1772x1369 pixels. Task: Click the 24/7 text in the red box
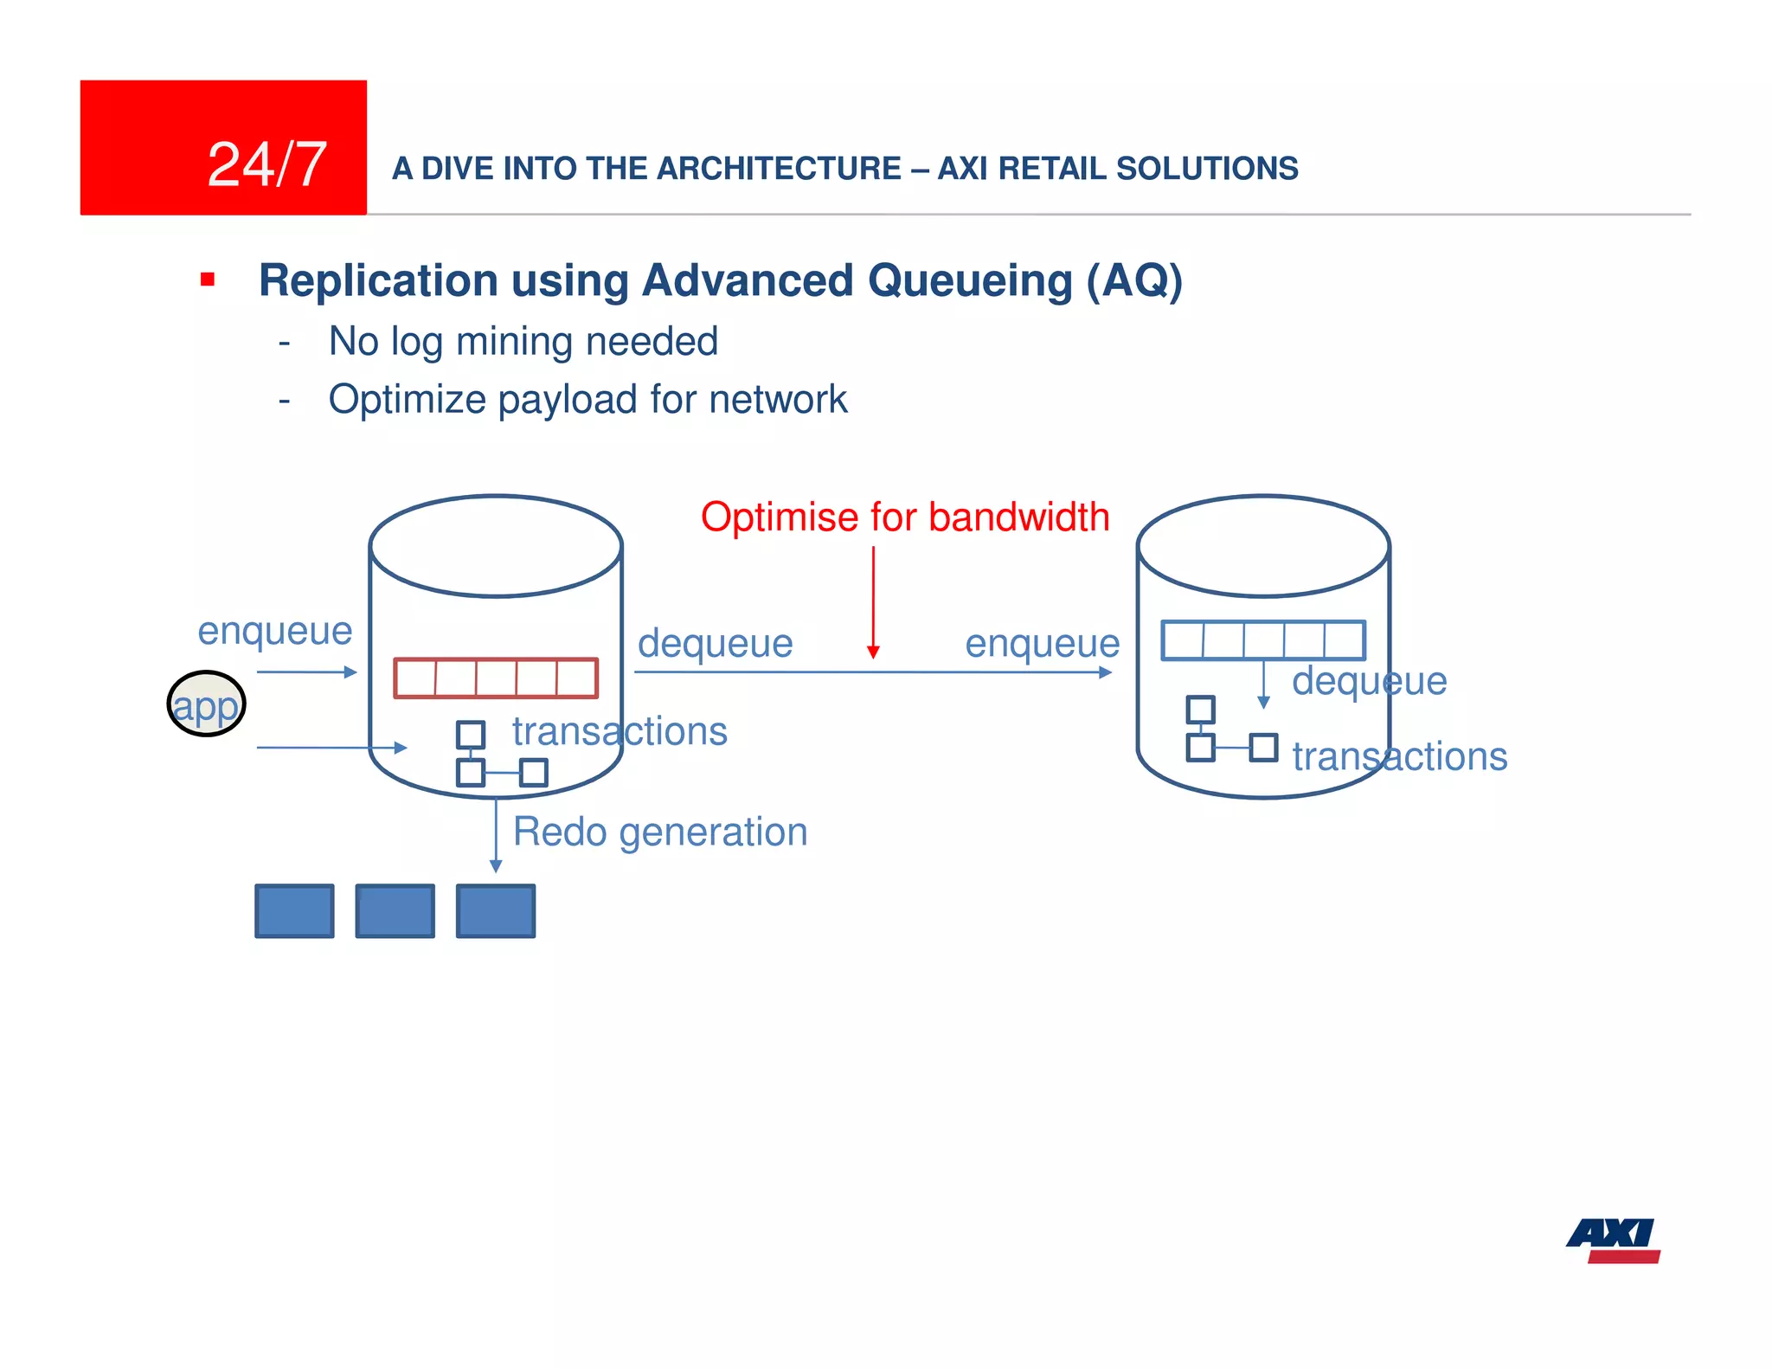[266, 164]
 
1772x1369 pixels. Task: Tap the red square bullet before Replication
[208, 280]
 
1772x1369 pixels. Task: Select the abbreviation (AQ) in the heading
[1133, 281]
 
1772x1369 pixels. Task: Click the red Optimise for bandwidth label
[904, 517]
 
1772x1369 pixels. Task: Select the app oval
[206, 704]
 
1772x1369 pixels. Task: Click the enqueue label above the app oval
[274, 631]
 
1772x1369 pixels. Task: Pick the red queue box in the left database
[496, 678]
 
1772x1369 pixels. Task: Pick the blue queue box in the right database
[1262, 640]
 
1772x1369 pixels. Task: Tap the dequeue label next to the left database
[715, 644]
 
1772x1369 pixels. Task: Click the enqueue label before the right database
[1042, 644]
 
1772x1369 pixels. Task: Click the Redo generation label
[659, 832]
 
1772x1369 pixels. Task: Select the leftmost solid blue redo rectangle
[294, 910]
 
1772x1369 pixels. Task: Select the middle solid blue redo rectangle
[395, 910]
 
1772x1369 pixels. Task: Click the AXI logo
[1614, 1240]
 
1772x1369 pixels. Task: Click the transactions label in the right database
[1399, 757]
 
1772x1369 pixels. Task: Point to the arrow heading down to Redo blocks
[496, 835]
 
